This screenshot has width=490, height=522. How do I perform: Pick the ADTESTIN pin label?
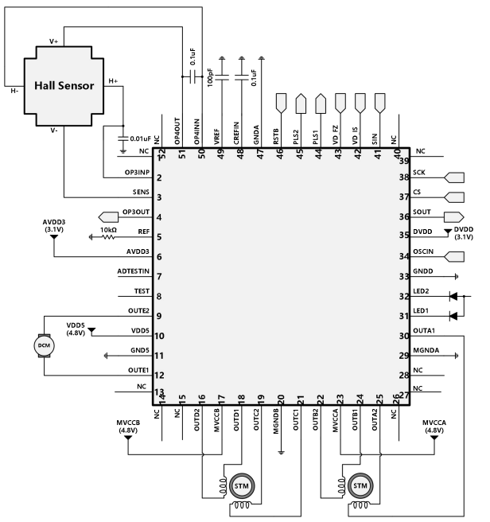tap(134, 272)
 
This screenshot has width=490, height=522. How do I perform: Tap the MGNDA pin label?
tap(426, 351)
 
